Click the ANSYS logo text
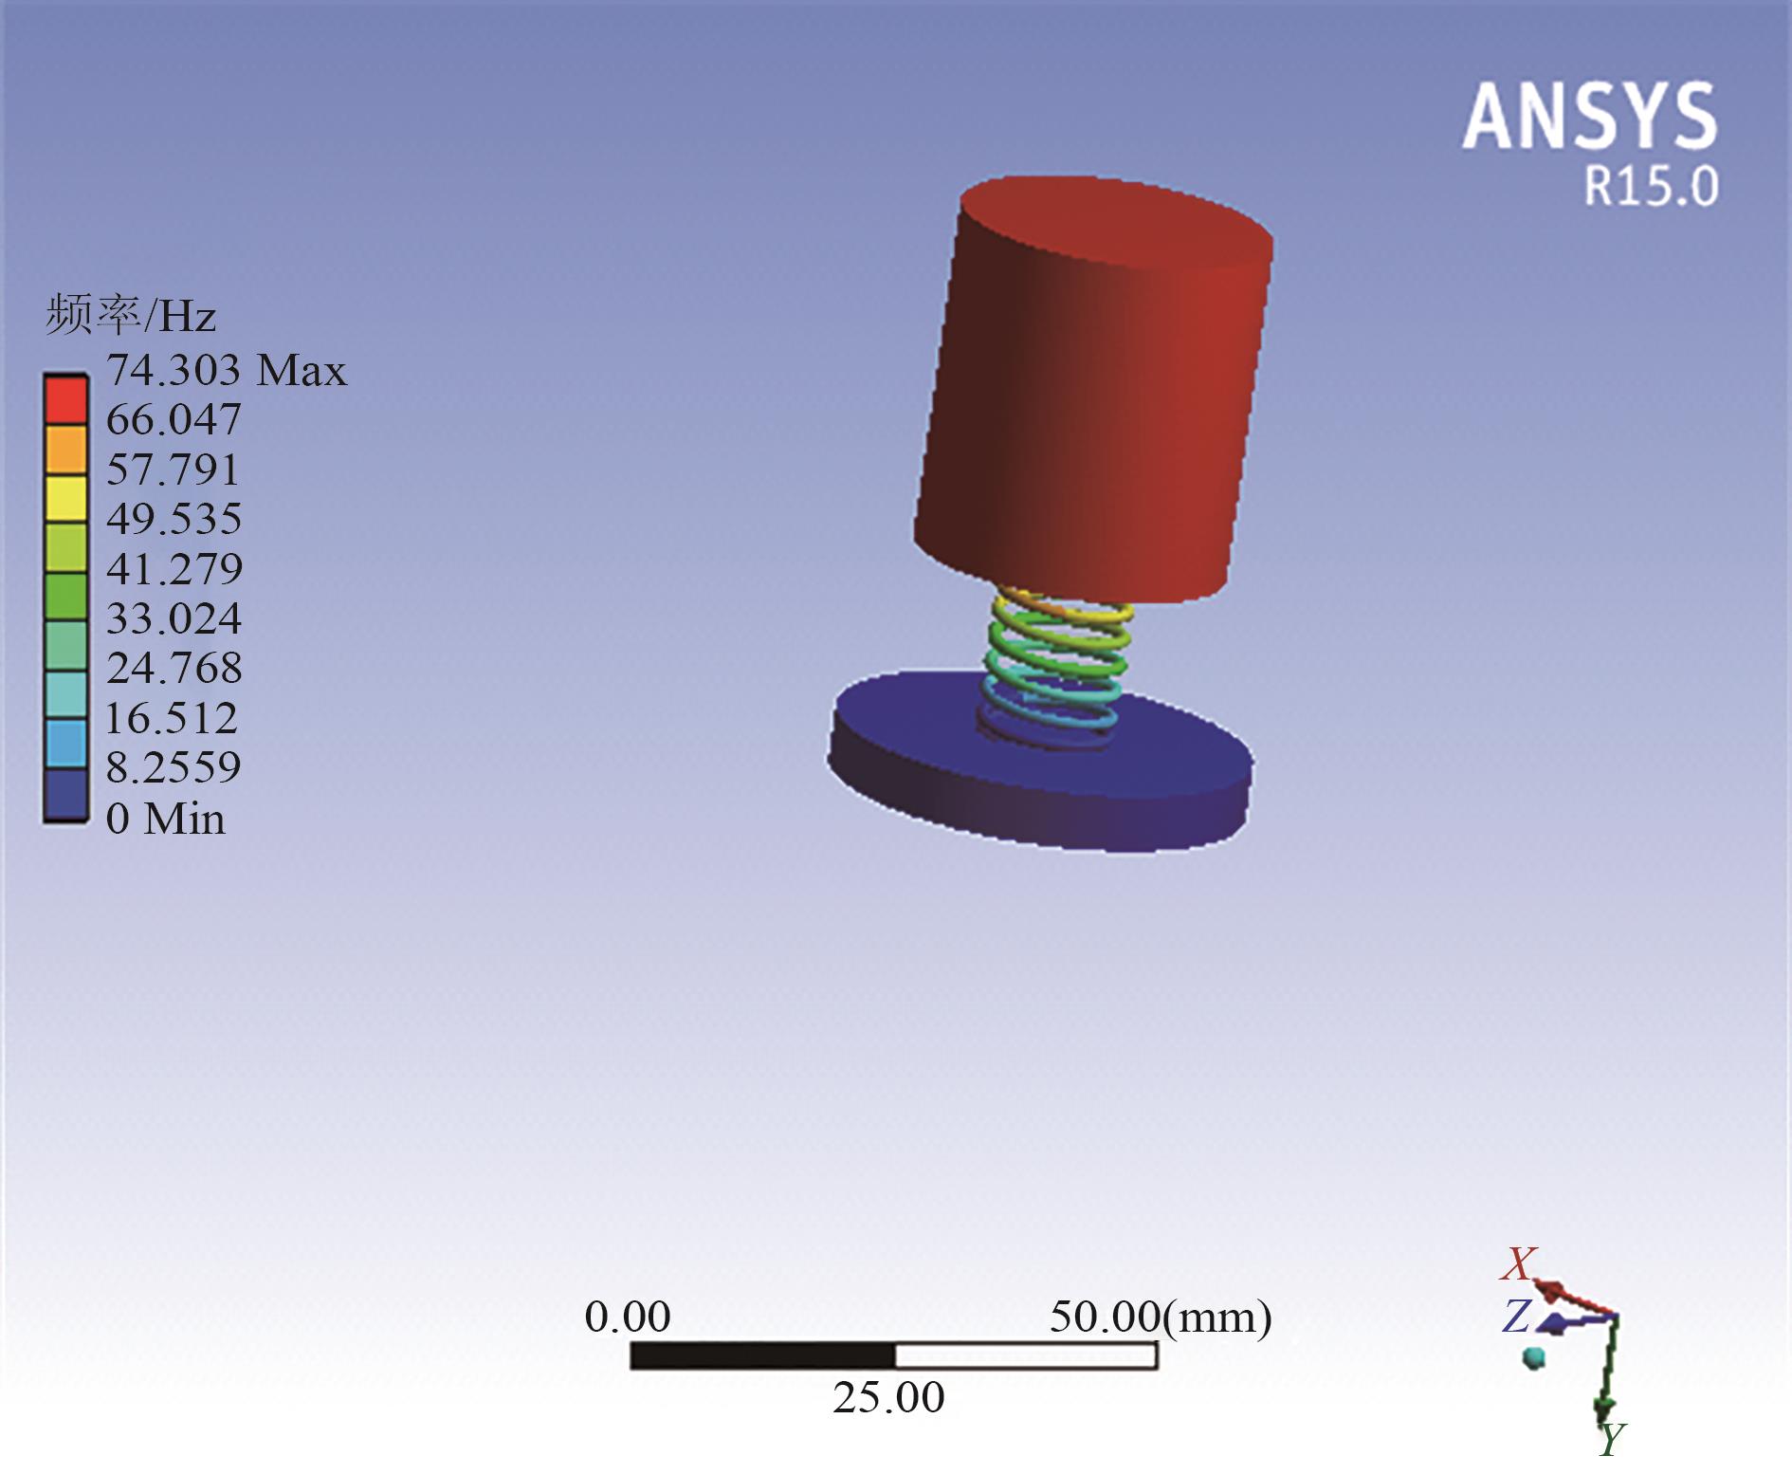[x=1590, y=116]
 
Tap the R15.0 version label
[x=1652, y=186]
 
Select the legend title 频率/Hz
[x=131, y=315]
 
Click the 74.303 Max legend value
[x=227, y=369]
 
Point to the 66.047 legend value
[x=174, y=419]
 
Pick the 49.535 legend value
[x=174, y=519]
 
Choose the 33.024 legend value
[x=174, y=618]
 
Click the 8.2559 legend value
[x=173, y=766]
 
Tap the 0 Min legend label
[x=166, y=818]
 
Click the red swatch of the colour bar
[x=65, y=400]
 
